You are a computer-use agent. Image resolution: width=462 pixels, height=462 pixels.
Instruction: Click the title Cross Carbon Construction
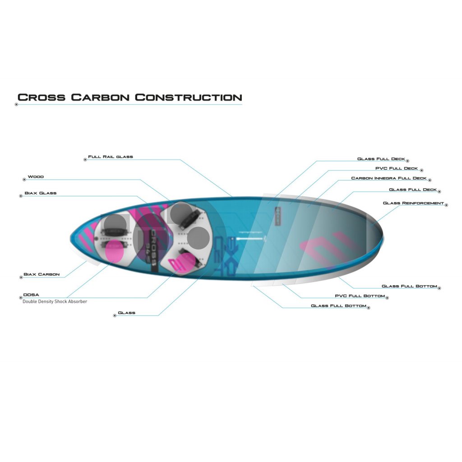pos(129,97)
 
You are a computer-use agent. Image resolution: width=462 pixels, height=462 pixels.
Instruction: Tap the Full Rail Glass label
pos(111,157)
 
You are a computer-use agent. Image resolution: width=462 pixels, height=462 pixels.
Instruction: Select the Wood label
pos(36,177)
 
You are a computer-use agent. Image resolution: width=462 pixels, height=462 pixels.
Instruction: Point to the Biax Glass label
pos(41,193)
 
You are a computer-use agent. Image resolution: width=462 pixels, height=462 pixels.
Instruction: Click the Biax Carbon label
pos(42,274)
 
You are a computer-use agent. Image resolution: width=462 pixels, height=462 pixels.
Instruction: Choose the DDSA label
pos(31,295)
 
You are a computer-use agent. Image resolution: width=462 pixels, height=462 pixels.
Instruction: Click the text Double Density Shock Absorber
pos(55,301)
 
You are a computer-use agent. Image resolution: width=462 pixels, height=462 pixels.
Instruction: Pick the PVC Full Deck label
pos(397,168)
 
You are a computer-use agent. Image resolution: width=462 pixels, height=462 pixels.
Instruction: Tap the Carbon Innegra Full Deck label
pos(388,178)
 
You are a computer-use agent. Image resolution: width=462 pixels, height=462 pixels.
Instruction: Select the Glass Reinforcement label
pos(413,203)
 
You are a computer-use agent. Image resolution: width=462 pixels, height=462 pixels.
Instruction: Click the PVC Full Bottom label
pos(360,296)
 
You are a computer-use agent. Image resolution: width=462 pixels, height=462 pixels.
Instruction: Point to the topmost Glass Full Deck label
pos(381,159)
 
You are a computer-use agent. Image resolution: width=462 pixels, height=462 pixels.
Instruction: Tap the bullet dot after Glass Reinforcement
pos(446,204)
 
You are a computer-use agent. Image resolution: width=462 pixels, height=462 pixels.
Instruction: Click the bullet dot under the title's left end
pos(16,105)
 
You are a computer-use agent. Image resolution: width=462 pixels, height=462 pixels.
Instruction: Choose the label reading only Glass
pos(126,313)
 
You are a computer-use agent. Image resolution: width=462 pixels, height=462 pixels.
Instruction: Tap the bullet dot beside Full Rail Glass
pos(84,159)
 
